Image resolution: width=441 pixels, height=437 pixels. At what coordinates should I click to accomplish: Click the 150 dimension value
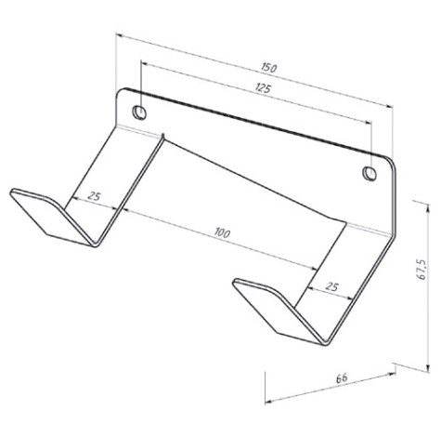pyautogui.click(x=268, y=68)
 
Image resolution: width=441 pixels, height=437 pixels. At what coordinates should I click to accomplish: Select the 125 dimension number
pyautogui.click(x=263, y=88)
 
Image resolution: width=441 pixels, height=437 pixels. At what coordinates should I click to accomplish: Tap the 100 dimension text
pyautogui.click(x=222, y=232)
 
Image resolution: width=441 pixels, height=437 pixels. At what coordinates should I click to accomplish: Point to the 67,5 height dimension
pyautogui.click(x=422, y=269)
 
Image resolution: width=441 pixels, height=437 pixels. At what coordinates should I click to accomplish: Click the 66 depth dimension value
pyautogui.click(x=342, y=378)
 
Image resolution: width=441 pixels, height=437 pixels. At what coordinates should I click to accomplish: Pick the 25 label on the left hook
pyautogui.click(x=94, y=196)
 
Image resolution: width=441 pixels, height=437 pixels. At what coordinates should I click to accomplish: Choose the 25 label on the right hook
pyautogui.click(x=331, y=287)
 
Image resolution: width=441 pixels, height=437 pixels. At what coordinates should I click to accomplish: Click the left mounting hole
pyautogui.click(x=139, y=113)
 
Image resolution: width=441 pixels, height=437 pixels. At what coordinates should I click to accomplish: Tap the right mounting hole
pyautogui.click(x=370, y=174)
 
